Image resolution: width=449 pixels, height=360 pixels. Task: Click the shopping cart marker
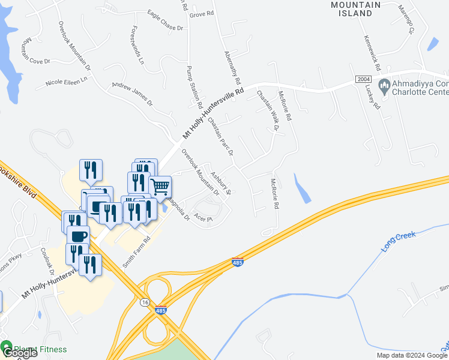[160, 187]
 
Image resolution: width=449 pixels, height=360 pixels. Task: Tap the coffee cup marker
[77, 235]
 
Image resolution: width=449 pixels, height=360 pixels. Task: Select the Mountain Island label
[356, 9]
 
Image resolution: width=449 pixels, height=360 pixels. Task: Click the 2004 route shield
[363, 79]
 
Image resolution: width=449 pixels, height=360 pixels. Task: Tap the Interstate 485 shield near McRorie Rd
[238, 262]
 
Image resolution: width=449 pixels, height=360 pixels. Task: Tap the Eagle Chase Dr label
[165, 27]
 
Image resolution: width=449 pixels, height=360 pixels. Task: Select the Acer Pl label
[205, 220]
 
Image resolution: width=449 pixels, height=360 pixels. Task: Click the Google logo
[19, 353]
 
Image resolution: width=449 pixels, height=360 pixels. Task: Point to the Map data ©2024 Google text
[411, 355]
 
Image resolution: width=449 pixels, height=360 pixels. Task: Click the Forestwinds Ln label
[137, 45]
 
